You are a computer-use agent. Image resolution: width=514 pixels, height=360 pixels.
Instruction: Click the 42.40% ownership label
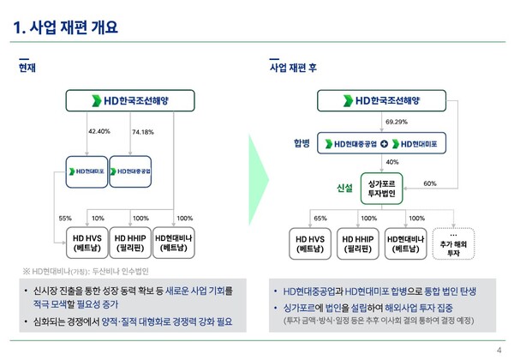tap(100, 131)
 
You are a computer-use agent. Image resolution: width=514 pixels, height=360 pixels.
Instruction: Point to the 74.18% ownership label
tap(144, 131)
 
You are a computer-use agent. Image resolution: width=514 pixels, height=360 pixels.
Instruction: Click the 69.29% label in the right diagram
tap(397, 122)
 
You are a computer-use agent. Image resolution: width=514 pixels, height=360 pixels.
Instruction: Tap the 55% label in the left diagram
tap(65, 218)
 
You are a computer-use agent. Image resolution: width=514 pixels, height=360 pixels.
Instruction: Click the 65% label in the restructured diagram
tap(320, 218)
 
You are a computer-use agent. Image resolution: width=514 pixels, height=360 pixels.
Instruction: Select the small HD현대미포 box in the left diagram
tap(89, 171)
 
